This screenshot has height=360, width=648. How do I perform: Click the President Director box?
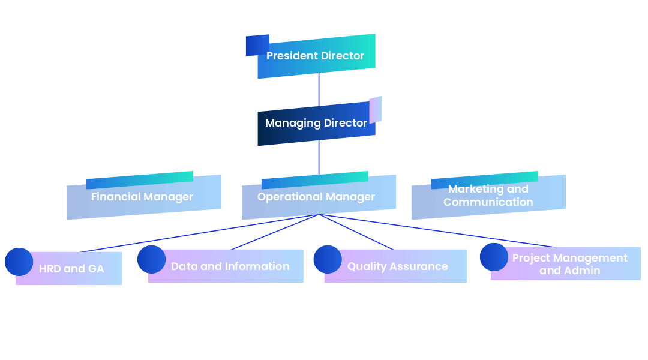pos(316,56)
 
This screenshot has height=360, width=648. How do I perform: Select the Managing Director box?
pos(316,124)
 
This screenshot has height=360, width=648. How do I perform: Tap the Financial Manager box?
pos(143,197)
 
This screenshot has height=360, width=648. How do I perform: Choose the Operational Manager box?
pos(318,197)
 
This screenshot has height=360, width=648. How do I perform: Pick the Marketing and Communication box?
pos(488,196)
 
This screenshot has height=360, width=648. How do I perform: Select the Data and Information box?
pos(230,266)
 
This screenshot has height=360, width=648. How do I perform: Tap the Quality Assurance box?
pos(397,266)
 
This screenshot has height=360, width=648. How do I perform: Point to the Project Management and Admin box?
pos(569,264)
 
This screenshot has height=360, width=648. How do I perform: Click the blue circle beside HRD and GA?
pos(19,262)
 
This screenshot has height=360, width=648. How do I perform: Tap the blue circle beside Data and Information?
pos(151,259)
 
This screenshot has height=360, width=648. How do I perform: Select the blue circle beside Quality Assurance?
pos(327,259)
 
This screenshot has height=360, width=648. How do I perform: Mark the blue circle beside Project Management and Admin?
pos(494,257)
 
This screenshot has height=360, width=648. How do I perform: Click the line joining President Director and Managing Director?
pos(319,90)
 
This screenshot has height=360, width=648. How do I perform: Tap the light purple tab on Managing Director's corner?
pos(376,109)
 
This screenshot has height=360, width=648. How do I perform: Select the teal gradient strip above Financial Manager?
pos(139,179)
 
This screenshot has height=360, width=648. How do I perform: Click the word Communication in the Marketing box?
pos(488,202)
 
